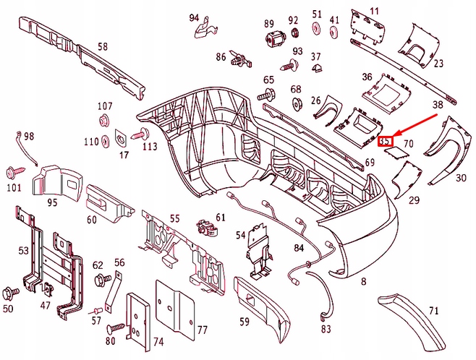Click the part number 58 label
click(x=102, y=47)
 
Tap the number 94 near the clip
click(x=194, y=17)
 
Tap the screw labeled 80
click(x=115, y=328)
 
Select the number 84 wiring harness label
click(x=299, y=249)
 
